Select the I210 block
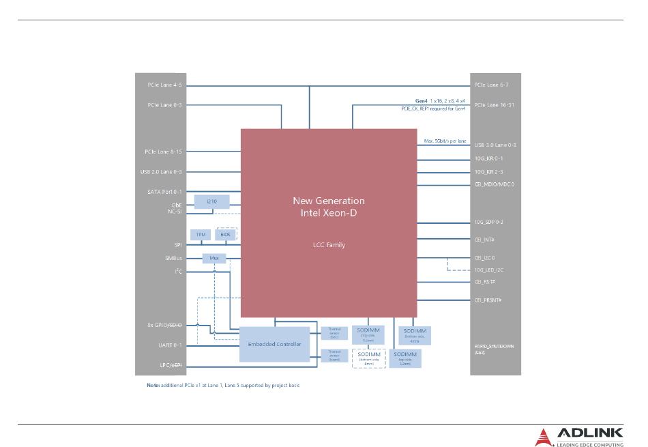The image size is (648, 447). (x=212, y=201)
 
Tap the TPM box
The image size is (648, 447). (x=201, y=235)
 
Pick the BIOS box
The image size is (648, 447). (x=225, y=235)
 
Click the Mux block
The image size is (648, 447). (x=213, y=259)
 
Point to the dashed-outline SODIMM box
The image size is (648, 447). (x=369, y=358)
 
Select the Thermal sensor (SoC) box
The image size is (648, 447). (x=334, y=333)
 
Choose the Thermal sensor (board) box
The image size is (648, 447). (x=334, y=356)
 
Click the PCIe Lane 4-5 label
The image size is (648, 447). (x=164, y=85)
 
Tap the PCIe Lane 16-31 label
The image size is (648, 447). (x=494, y=105)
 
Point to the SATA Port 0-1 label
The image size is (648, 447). (x=164, y=192)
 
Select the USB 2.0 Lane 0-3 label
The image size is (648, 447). (x=161, y=172)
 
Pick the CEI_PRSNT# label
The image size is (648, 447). (x=488, y=300)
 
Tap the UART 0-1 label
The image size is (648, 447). (x=170, y=345)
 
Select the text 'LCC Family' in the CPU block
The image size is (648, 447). (x=328, y=244)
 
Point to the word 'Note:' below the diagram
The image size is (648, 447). (x=153, y=386)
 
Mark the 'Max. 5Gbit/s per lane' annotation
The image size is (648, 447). (x=445, y=141)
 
